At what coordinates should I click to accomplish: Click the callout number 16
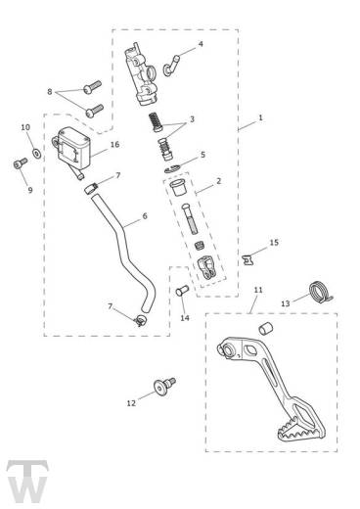click(x=114, y=144)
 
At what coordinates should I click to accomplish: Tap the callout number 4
click(x=201, y=44)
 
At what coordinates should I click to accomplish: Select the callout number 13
click(x=286, y=303)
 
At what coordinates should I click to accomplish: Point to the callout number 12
click(x=131, y=403)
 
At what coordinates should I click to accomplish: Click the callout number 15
click(x=274, y=243)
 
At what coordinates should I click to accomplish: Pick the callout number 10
click(x=25, y=127)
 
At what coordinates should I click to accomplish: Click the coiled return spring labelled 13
click(x=320, y=292)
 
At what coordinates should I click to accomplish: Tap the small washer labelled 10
click(x=36, y=153)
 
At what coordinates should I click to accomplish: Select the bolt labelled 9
click(x=21, y=162)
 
